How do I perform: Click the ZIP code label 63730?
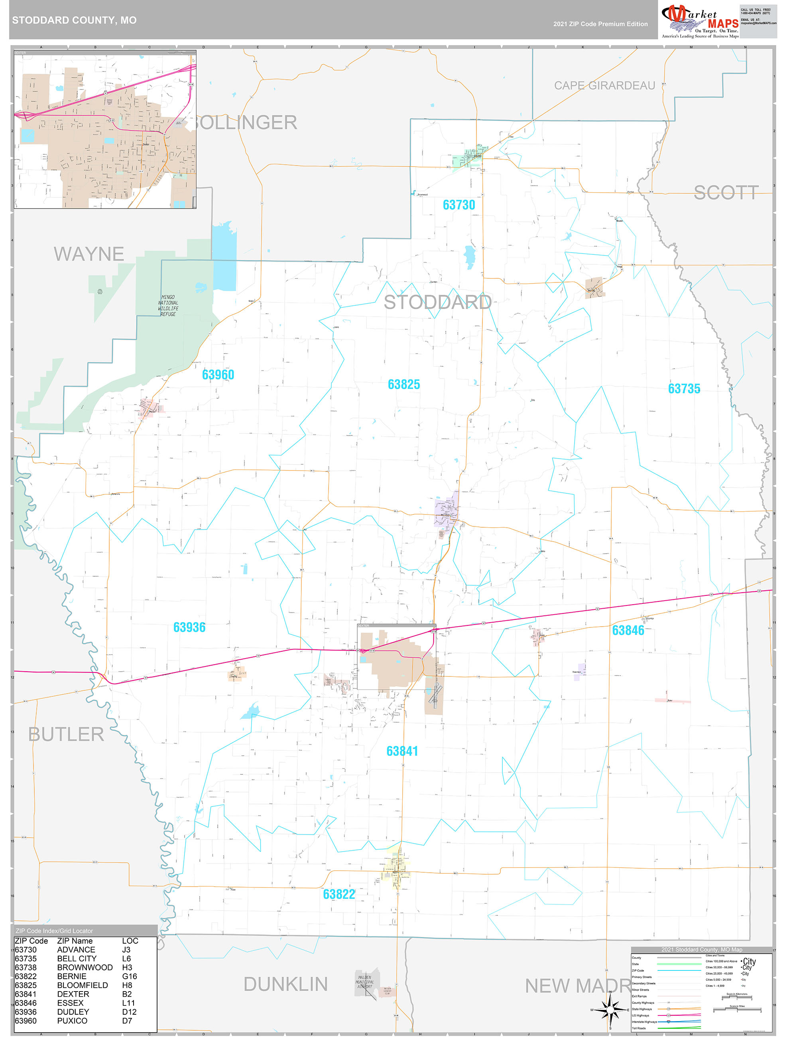458,205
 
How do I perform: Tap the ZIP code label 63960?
218,375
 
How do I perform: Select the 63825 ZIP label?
403,384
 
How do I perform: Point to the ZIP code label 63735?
684,388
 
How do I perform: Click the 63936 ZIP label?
189,627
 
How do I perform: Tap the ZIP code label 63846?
628,630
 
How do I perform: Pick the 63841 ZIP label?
402,751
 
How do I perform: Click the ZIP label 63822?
339,894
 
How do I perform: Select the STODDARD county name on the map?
437,302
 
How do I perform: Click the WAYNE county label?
89,254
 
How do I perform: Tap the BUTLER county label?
66,734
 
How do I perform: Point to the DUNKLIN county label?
285,984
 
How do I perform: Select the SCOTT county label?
726,193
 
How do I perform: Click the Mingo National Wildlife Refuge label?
168,306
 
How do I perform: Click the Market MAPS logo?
699,21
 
